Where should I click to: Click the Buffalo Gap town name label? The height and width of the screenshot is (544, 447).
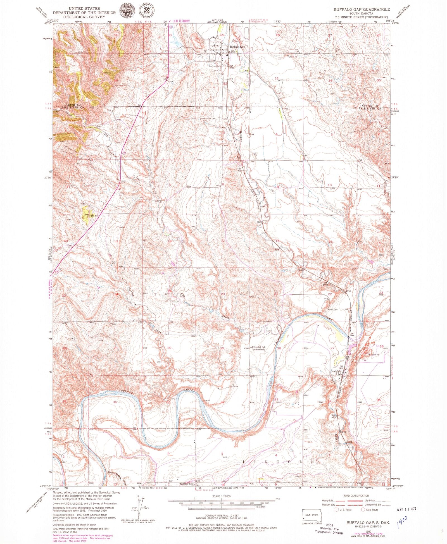(x=237, y=47)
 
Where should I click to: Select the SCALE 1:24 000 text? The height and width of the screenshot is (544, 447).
(x=222, y=496)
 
